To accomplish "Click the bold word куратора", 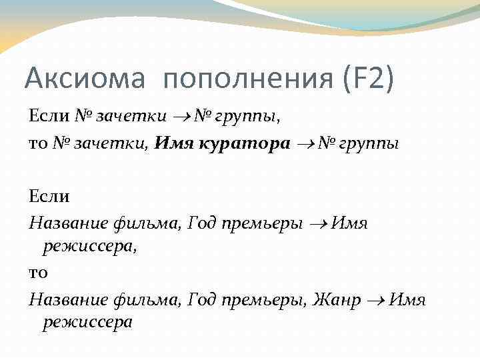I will [x=250, y=144].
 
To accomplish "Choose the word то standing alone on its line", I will [x=39, y=273].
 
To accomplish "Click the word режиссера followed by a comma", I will [x=90, y=247].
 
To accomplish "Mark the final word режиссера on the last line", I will [x=88, y=323].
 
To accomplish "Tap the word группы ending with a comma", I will [x=246, y=117].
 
